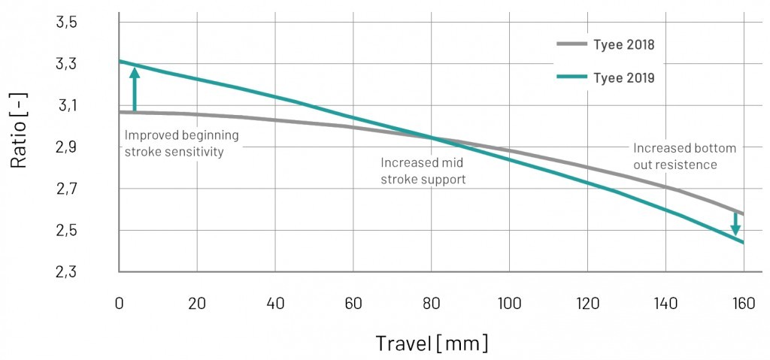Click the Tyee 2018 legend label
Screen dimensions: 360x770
(x=624, y=44)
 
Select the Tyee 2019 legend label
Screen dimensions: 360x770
(x=624, y=77)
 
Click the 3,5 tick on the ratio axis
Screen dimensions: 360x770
(x=66, y=23)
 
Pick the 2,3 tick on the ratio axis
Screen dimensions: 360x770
(x=66, y=271)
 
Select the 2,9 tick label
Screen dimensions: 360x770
(x=66, y=147)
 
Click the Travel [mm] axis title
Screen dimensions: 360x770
(x=432, y=343)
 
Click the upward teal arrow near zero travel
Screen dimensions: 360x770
(x=134, y=89)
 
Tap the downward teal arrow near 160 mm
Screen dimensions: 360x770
(x=735, y=224)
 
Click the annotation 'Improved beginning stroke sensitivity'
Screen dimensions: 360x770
(x=181, y=143)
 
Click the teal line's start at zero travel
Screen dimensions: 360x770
(x=120, y=61)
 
